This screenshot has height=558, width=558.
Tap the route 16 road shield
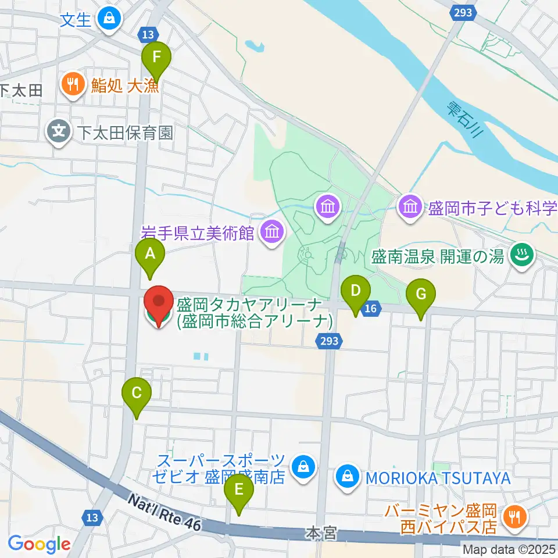click(x=370, y=309)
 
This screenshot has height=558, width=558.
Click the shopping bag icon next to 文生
click(x=108, y=19)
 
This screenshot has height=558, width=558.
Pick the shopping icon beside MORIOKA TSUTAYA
click(x=347, y=478)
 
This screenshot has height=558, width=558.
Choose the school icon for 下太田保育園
click(x=59, y=132)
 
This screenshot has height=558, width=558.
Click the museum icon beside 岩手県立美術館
click(x=271, y=233)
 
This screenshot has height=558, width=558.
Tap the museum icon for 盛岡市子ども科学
click(x=410, y=206)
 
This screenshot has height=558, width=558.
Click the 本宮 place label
click(x=321, y=533)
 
